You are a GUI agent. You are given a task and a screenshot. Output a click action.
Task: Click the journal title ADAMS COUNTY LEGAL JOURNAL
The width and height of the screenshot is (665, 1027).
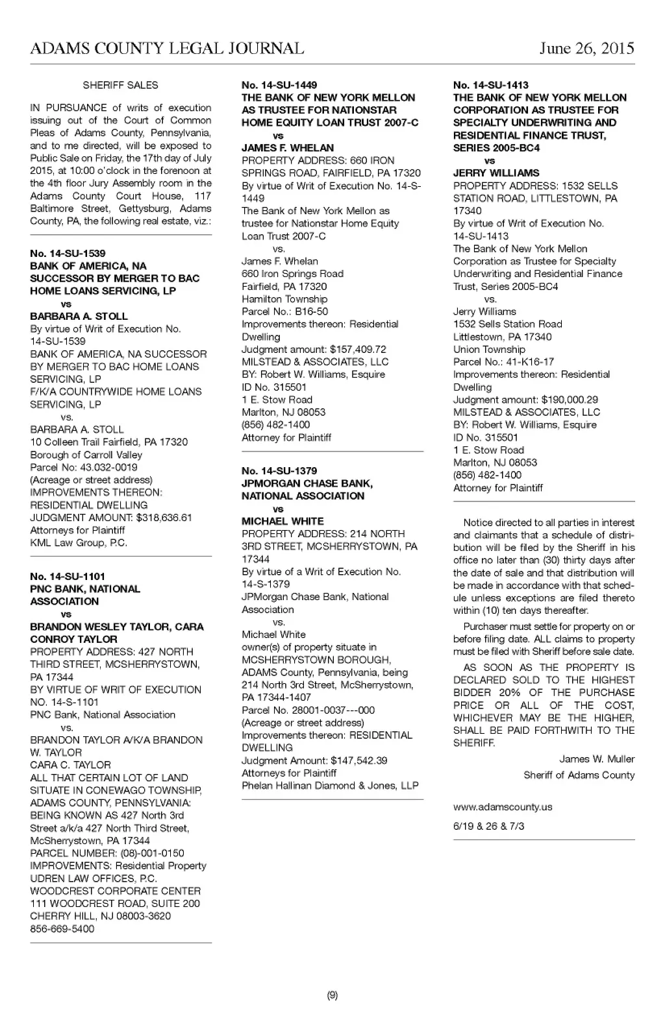pos(167,49)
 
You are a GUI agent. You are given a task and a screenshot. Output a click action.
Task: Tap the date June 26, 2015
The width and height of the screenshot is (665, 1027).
pos(586,49)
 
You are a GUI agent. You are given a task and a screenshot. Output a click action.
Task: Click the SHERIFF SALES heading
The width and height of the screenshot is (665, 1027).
pos(121,85)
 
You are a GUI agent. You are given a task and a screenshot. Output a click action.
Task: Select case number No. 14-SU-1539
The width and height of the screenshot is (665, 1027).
pos(68,253)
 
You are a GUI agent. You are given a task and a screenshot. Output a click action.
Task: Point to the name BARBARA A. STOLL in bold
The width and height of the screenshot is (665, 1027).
pos(79,316)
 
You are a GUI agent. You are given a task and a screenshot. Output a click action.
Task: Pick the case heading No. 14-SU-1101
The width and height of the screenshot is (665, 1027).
pos(68,576)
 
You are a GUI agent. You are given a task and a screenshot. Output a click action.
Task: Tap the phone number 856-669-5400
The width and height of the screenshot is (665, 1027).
pos(62,928)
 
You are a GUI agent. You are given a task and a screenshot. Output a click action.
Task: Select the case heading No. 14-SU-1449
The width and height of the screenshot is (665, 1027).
pos(279,85)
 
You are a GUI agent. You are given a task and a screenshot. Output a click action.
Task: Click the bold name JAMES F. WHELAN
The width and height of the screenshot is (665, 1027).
pos(288,148)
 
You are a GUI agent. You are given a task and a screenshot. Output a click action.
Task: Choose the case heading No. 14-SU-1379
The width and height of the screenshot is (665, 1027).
pos(279,471)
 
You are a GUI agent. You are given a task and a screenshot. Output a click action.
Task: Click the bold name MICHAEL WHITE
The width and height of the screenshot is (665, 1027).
pos(282,521)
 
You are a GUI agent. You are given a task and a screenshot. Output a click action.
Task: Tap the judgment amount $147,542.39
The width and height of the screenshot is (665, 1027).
pos(359,760)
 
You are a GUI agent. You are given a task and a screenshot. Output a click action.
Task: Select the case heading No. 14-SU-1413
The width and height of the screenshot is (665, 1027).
pos(491,85)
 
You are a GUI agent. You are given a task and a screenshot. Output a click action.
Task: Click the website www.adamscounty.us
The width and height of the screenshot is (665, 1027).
pos(503,807)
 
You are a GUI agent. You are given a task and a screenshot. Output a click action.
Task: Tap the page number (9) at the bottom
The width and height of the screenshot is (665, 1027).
pos(332,996)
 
